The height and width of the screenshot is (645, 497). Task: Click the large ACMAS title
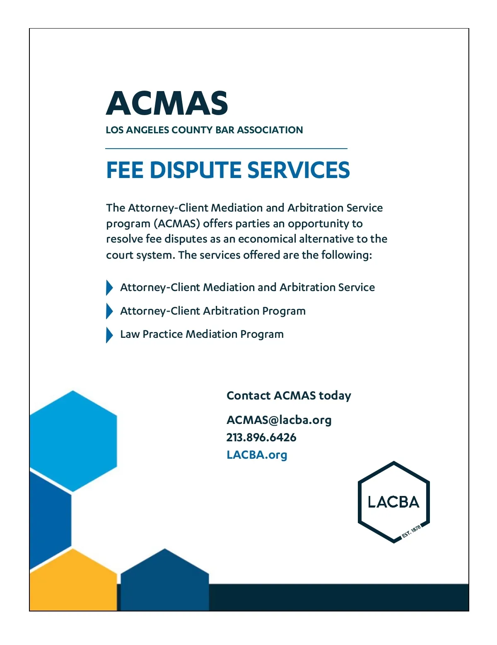coord(167,103)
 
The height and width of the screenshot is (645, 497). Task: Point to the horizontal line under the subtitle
coord(226,148)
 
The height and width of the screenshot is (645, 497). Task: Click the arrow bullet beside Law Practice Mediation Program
coord(109,335)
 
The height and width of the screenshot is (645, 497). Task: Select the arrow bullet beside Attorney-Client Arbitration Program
coord(109,311)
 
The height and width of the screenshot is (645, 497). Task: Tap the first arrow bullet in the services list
coord(109,288)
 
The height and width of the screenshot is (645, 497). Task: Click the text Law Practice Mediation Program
coord(202,335)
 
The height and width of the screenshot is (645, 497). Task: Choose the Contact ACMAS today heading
coord(289,396)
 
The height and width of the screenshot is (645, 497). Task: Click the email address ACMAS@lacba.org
coord(279,420)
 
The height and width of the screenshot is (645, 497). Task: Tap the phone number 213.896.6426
coord(261,438)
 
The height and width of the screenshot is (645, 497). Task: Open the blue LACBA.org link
coord(257,455)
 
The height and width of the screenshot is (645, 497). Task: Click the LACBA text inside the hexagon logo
coord(393,502)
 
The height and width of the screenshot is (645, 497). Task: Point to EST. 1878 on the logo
coord(411,531)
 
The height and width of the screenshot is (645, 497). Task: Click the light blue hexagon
coord(73,441)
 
